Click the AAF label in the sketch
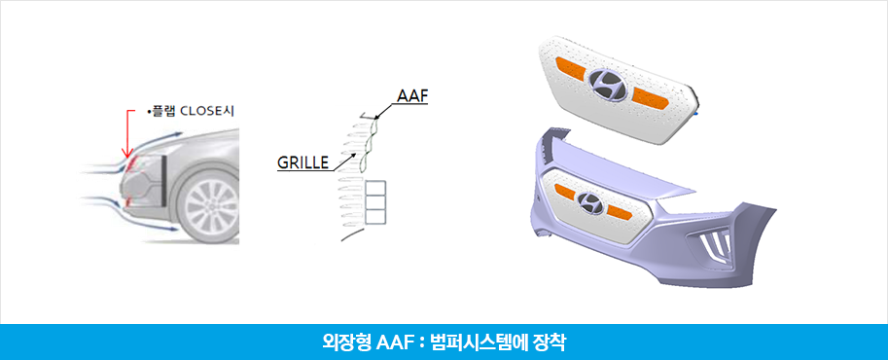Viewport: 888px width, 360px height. [x=411, y=96]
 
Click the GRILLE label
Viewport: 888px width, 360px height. [x=303, y=162]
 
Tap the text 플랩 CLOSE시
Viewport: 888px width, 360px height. [x=192, y=112]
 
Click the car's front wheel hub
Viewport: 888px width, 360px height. [x=212, y=206]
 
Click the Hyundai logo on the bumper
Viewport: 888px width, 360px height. [x=589, y=202]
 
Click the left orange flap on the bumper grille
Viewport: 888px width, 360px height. [x=566, y=193]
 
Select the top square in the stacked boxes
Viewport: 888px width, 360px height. [x=375, y=188]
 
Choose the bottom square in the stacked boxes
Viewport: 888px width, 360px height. [x=375, y=216]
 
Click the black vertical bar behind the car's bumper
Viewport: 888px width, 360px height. [x=162, y=180]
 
